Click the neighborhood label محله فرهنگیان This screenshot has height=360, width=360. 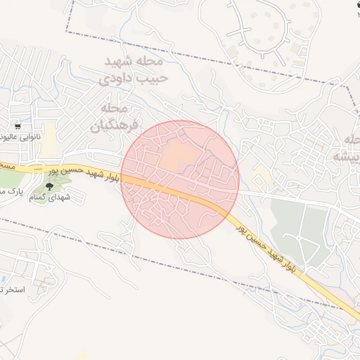(x=110, y=117)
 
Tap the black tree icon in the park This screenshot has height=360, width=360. (x=49, y=186)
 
